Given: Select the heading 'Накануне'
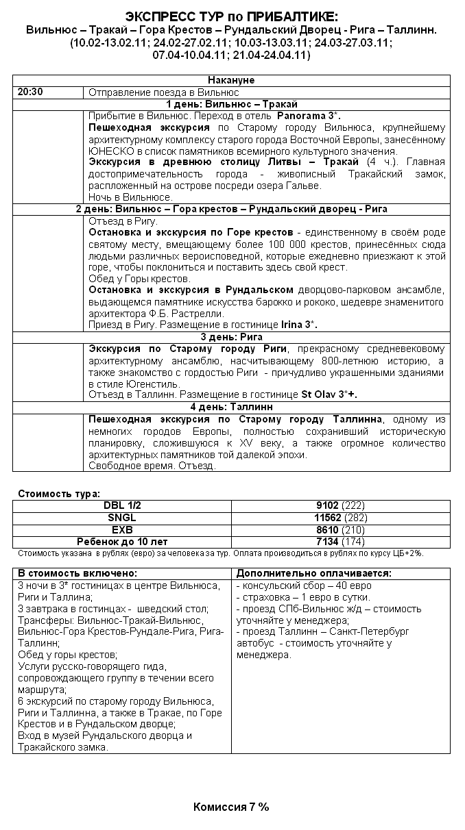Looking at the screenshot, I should coord(231,81).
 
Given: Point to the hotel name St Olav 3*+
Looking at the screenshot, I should coord(329,394).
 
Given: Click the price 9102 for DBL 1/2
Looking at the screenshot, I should coord(327,505).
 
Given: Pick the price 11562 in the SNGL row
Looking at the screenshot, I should coord(328,518).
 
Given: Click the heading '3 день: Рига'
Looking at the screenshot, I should coord(231,337).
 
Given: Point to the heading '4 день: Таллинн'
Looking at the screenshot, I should coord(231,407).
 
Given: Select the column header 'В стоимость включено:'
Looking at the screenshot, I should coord(77,573).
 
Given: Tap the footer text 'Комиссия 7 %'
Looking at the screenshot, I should coord(231,807).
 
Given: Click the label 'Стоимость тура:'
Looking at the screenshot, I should coord(59,493).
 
